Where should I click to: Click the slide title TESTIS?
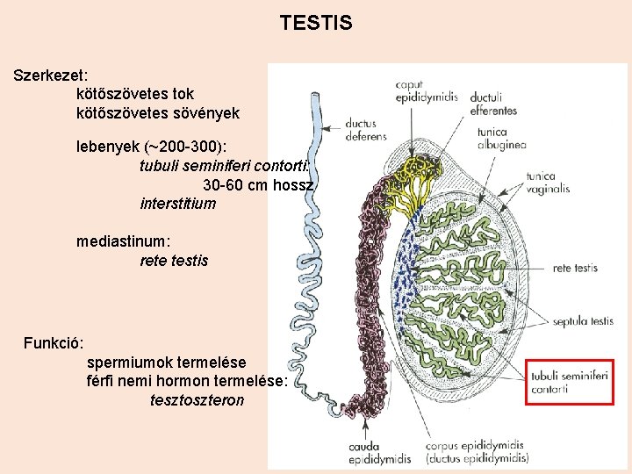coord(316,24)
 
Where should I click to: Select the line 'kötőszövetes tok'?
coord(135,93)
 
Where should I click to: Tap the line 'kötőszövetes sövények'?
coord(157,113)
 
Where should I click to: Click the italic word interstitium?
coord(177,205)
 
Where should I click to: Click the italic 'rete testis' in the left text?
coord(174,261)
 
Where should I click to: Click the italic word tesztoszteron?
coord(197,400)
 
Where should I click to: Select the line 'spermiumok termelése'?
coord(166,362)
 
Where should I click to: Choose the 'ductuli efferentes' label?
coord(493,104)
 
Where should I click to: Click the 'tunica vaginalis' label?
coord(547,182)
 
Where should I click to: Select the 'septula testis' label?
coord(583,321)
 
